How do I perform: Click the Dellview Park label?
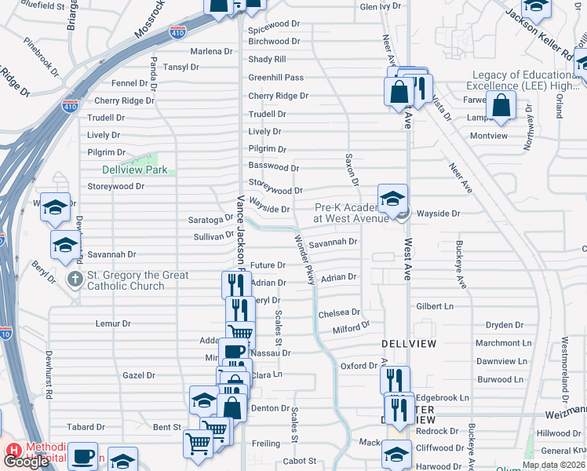(134, 170)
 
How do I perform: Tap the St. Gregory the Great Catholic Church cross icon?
(75, 279)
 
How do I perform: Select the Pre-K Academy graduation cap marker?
(392, 199)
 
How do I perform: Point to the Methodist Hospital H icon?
(13, 451)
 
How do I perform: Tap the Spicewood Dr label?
(275, 24)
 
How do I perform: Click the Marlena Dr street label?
(211, 51)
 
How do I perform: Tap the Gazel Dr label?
(139, 376)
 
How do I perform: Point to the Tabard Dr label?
(86, 427)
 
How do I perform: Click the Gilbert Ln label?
(436, 306)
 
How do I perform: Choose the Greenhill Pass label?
(275, 78)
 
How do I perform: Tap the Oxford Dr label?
(359, 367)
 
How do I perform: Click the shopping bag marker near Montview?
(501, 105)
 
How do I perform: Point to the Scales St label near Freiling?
(295, 423)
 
